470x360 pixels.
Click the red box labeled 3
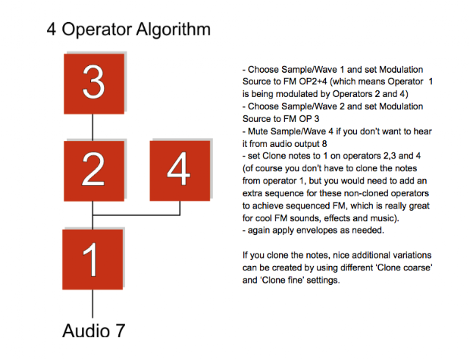pyautogui.click(x=94, y=84)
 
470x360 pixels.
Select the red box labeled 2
pyautogui.click(x=94, y=171)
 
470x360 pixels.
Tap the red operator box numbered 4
pyautogui.click(x=180, y=171)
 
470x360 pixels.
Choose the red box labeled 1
pyautogui.click(x=93, y=259)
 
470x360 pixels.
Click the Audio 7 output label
pyautogui.click(x=93, y=331)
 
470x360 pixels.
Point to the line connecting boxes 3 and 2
pyautogui.click(x=93, y=128)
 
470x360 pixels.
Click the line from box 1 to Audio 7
pyautogui.click(x=93, y=303)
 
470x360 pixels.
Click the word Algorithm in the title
pyautogui.click(x=173, y=30)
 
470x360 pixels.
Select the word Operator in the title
pyautogui.click(x=97, y=30)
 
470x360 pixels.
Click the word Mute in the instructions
pyautogui.click(x=258, y=132)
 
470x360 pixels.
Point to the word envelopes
pyautogui.click(x=317, y=231)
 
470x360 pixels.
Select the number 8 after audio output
pyautogui.click(x=325, y=144)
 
